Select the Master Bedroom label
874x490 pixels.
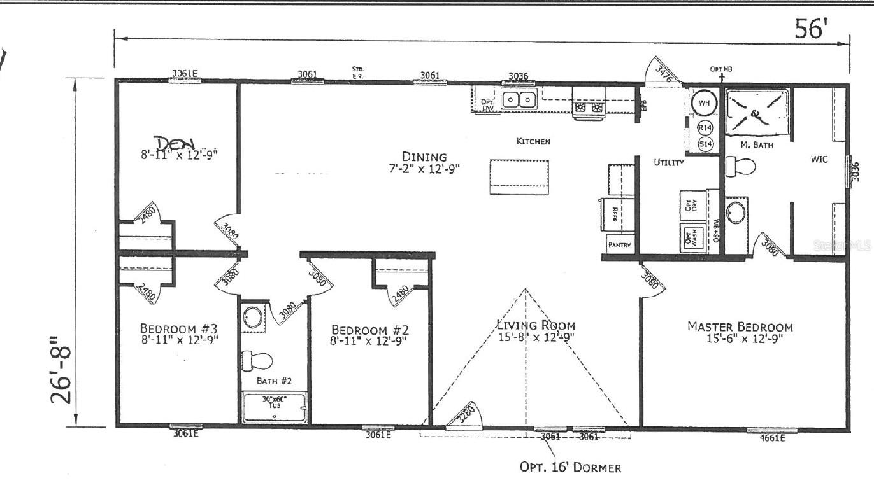740,326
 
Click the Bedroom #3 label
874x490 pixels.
179,328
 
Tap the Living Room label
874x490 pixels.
535,325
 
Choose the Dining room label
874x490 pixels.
424,157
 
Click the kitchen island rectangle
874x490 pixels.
519,177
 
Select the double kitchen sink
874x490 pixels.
518,100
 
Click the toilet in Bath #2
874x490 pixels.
257,360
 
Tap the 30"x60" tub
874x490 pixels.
275,407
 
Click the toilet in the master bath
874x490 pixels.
740,167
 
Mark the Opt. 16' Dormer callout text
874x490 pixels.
570,468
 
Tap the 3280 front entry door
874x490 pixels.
467,419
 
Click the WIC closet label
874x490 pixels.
819,159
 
